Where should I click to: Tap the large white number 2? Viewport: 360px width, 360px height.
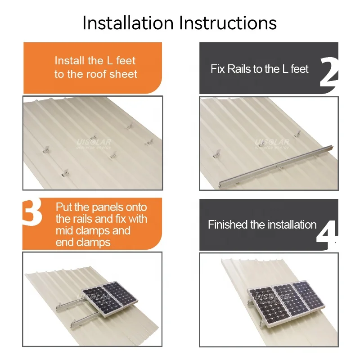328,73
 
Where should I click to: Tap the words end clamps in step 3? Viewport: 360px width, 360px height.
83,242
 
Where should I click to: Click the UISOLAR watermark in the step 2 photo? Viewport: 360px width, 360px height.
272,144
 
